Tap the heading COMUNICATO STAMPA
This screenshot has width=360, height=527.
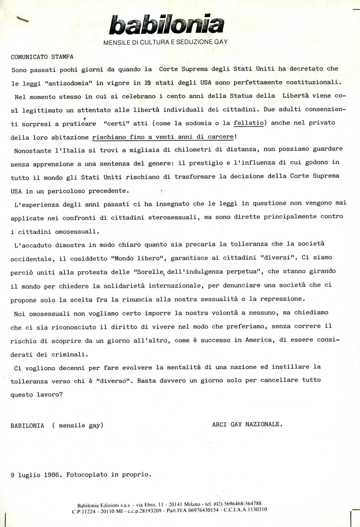coord(42,57)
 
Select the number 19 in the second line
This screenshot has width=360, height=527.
coord(148,83)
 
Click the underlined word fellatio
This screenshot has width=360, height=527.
coord(249,123)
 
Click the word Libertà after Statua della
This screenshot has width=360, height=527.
coord(296,96)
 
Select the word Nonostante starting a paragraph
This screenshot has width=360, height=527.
coord(32,151)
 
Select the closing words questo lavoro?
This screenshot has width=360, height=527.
coord(37,394)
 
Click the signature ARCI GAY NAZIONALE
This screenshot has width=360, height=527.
coord(247,424)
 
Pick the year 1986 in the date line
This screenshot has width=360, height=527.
coord(51,475)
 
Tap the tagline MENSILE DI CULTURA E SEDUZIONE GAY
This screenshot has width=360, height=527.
coord(165,42)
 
